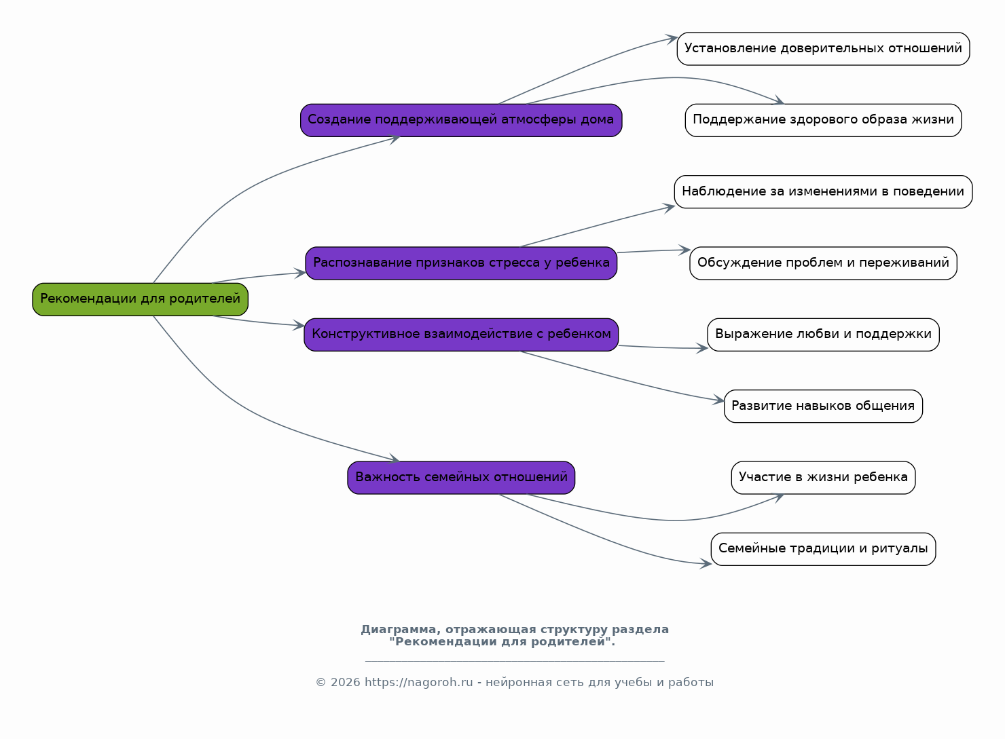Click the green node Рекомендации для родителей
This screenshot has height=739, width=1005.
pyautogui.click(x=140, y=299)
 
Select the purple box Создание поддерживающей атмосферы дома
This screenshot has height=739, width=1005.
pyautogui.click(x=461, y=120)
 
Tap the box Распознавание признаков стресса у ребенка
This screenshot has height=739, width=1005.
pyautogui.click(x=461, y=263)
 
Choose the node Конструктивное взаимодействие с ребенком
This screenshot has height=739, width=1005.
pyautogui.click(x=461, y=335)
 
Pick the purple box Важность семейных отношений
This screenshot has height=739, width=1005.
pyautogui.click(x=461, y=478)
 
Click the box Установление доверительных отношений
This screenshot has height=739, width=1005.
pyautogui.click(x=823, y=49)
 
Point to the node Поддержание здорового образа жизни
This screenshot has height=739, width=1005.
pyautogui.click(x=823, y=120)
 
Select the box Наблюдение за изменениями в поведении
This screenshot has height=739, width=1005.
pyautogui.click(x=823, y=192)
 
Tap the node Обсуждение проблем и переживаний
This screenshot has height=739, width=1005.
pyautogui.click(x=823, y=263)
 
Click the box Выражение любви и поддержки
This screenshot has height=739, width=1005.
pyautogui.click(x=823, y=335)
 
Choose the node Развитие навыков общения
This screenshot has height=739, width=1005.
pyautogui.click(x=823, y=406)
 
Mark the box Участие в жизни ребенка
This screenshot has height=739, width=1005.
pyautogui.click(x=823, y=478)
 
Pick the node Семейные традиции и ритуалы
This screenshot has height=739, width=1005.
pyautogui.click(x=823, y=549)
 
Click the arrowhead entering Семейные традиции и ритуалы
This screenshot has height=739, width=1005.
pyautogui.click(x=706, y=564)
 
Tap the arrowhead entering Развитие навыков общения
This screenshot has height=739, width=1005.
pyautogui.click(x=718, y=400)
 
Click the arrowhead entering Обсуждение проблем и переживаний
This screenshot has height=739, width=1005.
pyautogui.click(x=684, y=250)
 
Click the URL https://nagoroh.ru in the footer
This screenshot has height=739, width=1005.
pyautogui.click(x=418, y=683)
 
